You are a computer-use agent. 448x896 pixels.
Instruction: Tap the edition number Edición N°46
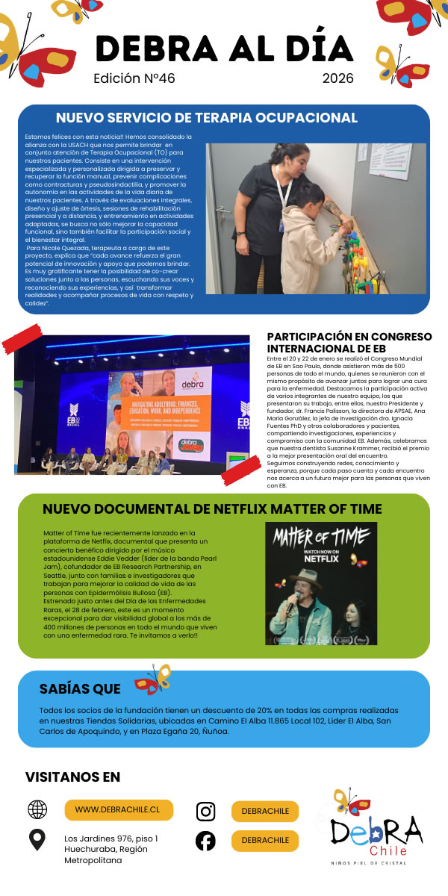point(134,78)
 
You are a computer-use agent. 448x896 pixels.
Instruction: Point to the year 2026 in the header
point(337,78)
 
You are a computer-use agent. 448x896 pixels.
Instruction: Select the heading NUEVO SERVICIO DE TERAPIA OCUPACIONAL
point(207,118)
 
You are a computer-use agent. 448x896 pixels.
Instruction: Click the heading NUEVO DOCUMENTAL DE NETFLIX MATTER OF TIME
point(212,509)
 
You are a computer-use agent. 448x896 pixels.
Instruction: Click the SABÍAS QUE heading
point(80,688)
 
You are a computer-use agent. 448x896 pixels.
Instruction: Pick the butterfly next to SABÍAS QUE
point(153,679)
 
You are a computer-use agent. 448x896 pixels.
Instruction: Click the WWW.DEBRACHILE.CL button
point(119,809)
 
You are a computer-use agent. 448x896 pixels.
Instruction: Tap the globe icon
point(37,809)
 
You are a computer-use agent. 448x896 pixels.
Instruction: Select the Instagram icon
point(206,812)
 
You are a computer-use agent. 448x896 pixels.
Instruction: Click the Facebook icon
point(206,841)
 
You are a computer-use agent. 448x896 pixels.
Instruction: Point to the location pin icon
point(37,840)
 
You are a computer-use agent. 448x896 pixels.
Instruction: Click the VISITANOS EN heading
point(72,777)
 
